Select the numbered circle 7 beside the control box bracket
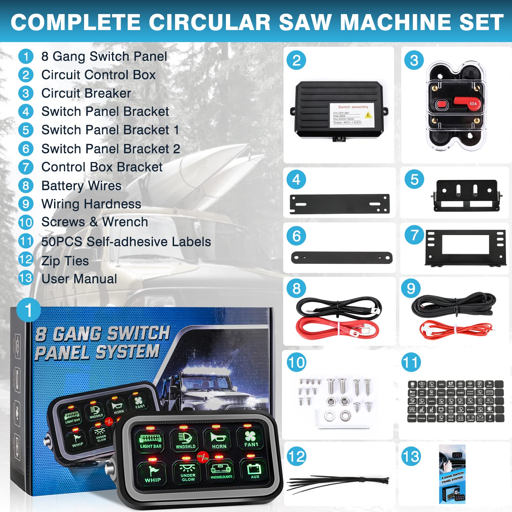(414, 235)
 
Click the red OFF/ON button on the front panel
(203, 457)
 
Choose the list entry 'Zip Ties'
(65, 261)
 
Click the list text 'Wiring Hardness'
(91, 204)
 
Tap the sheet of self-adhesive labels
(456, 401)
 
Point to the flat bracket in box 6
(341, 258)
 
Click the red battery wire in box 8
(336, 328)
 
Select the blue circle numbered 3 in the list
(26, 93)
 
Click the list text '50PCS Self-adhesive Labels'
(126, 242)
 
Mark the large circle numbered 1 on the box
(28, 310)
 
